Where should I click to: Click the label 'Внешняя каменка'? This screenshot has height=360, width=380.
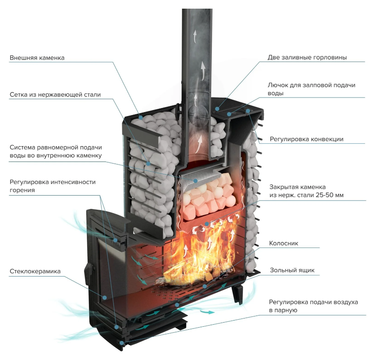37,58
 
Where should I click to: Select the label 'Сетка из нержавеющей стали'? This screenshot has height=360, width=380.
55,95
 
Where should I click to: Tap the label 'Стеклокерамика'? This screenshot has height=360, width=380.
35,271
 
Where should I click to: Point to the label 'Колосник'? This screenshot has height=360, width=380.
284,243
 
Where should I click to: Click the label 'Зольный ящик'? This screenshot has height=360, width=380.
291,270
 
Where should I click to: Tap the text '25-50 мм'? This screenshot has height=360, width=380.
330,195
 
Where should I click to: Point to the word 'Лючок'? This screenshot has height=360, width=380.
277,85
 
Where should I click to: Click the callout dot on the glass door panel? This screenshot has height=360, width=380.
105,297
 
